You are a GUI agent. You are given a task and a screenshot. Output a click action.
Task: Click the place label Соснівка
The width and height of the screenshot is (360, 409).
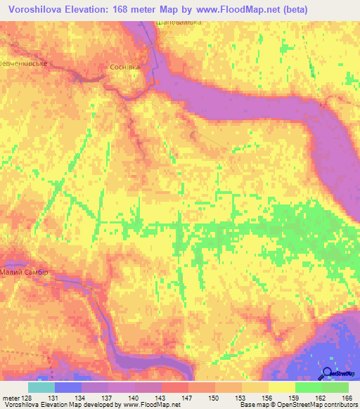[125, 67]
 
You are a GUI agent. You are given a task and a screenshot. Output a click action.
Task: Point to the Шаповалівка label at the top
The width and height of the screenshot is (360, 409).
[179, 22]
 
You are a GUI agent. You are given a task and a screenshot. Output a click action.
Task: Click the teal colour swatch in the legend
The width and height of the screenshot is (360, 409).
[41, 387]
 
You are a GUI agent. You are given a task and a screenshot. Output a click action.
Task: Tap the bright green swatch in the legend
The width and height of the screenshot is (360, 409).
[308, 387]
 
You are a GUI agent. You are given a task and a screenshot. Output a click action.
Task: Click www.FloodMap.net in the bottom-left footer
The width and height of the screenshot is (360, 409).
[149, 405]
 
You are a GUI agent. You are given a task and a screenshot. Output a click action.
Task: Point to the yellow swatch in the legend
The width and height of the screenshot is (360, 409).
[281, 387]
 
